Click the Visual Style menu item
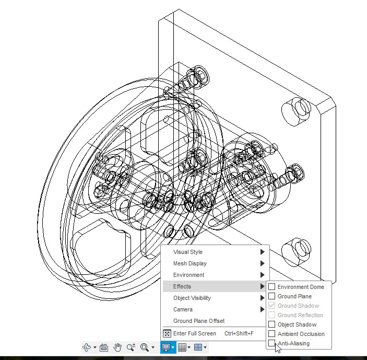[x=188, y=252]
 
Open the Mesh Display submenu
[x=190, y=263]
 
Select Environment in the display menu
[x=189, y=275]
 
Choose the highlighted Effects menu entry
[x=182, y=286]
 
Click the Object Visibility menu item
[x=192, y=298]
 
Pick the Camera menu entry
[x=183, y=309]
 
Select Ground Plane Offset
[x=199, y=321]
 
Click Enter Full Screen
[x=195, y=333]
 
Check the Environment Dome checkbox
[x=272, y=287]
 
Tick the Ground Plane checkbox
[x=272, y=296]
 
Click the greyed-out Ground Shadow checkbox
[x=272, y=306]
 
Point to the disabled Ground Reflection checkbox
[x=272, y=315]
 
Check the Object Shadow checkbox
[x=272, y=324]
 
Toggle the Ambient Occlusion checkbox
[x=272, y=334]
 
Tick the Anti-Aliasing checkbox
[x=272, y=343]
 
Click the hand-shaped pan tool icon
[x=117, y=347]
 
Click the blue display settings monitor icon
[x=166, y=347]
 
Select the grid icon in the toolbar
[x=182, y=347]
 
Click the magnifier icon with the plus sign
[x=131, y=347]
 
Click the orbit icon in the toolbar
[x=87, y=347]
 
